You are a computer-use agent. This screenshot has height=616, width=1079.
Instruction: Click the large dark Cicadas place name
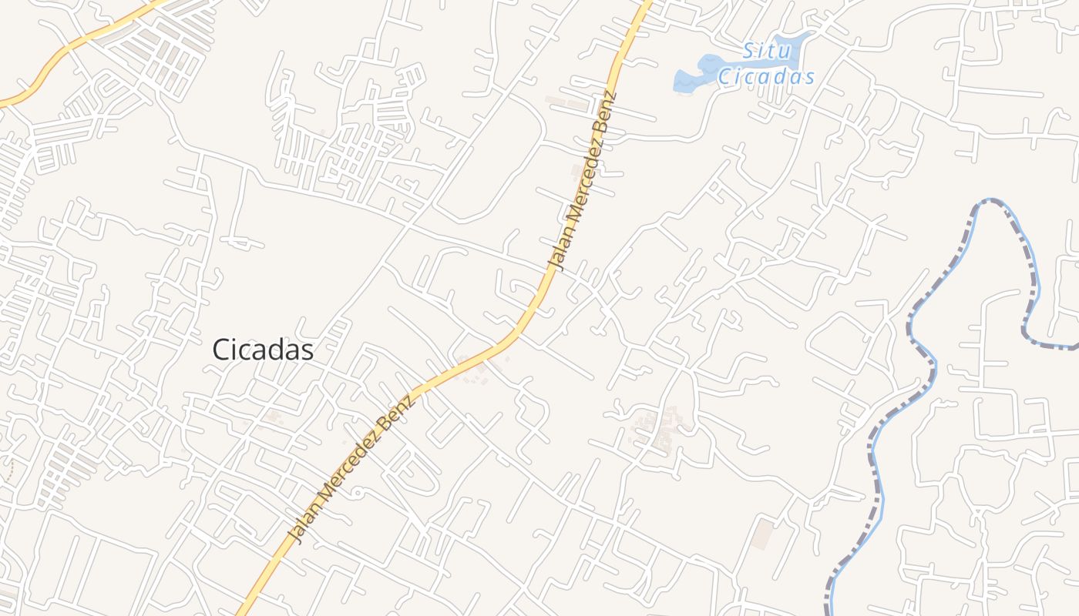263,350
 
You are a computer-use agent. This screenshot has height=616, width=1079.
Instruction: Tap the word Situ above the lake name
767,52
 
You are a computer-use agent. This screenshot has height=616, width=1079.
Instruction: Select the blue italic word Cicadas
766,77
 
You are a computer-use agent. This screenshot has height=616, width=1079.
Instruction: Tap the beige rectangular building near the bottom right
763,534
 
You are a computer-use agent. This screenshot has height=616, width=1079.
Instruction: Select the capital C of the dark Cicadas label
222,350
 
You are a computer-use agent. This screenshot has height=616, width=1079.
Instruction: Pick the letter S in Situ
748,52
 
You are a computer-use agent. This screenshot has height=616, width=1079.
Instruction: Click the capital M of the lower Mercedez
324,500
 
